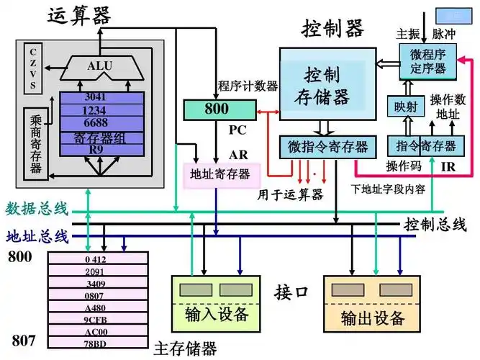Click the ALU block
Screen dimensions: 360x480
pyautogui.click(x=99, y=67)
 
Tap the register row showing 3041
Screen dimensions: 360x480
pyautogui.click(x=95, y=97)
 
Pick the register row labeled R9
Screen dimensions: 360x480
pyautogui.click(x=95, y=149)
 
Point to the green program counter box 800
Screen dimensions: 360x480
pyautogui.click(x=219, y=109)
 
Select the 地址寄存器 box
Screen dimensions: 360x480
pyautogui.click(x=219, y=174)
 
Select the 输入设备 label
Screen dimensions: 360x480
pyautogui.click(x=216, y=315)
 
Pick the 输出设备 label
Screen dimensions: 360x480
pyautogui.click(x=373, y=317)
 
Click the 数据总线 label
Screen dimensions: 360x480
pyautogui.click(x=36, y=210)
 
